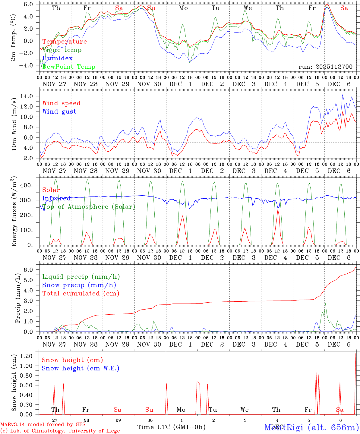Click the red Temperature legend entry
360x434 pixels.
(x=65, y=42)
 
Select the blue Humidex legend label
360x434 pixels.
(x=57, y=58)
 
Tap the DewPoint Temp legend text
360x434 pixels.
(x=69, y=67)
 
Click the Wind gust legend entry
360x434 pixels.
(x=59, y=112)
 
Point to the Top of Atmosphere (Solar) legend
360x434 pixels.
(x=88, y=207)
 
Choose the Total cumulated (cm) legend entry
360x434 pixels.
(x=81, y=294)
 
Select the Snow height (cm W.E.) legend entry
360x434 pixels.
(x=80, y=368)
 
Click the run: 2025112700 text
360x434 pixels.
(x=325, y=67)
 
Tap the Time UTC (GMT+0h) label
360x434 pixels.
(x=171, y=427)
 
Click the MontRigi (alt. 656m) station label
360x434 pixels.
(x=312, y=427)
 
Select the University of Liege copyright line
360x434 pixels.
(x=60, y=431)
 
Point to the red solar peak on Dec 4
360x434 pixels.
(x=278, y=210)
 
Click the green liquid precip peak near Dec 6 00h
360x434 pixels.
(x=325, y=303)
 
